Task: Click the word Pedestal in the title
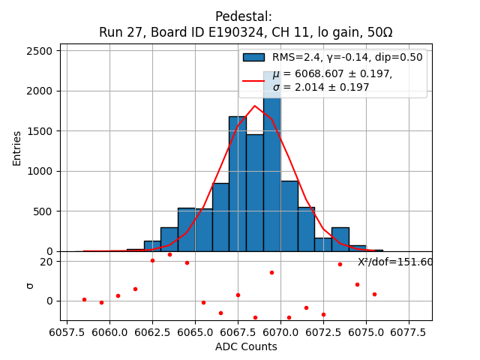[244, 16]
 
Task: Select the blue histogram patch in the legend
[253, 57]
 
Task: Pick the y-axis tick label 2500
[38, 51]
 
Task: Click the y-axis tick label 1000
[38, 171]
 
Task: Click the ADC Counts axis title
[246, 346]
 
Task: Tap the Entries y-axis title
[17, 147]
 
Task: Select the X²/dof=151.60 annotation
[395, 262]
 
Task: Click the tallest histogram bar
[272, 165]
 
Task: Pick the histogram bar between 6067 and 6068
[238, 184]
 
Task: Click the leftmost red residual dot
[84, 299]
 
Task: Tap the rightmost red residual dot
[374, 294]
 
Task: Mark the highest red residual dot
[169, 254]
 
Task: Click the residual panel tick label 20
[46, 261]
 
